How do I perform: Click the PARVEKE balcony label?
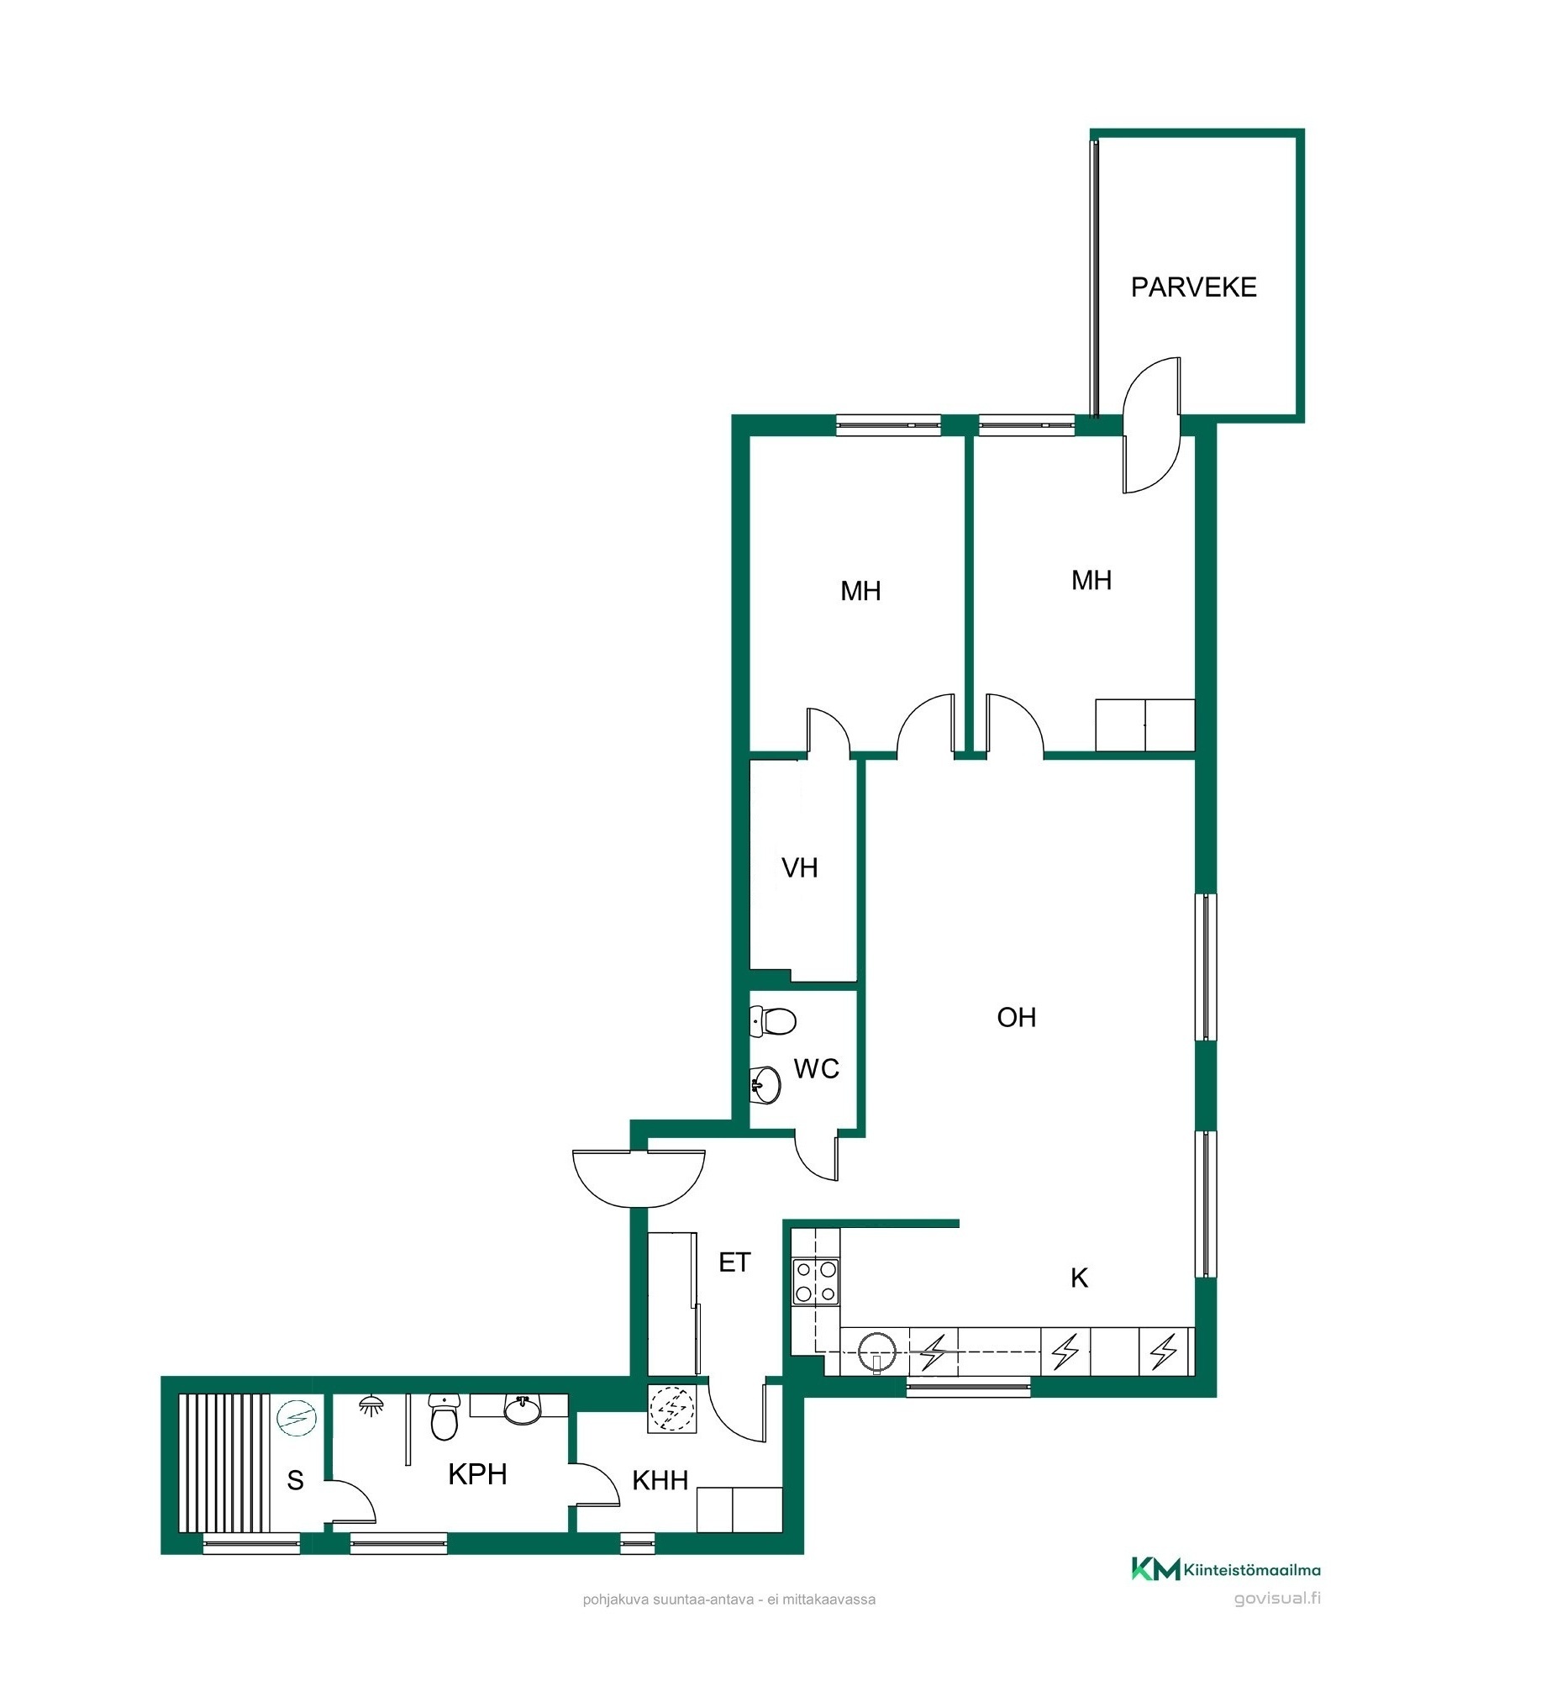pos(1193,287)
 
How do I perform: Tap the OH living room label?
pos(1016,1018)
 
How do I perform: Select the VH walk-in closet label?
pos(800,868)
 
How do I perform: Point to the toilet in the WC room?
pos(771,1021)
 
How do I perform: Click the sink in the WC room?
pos(765,1084)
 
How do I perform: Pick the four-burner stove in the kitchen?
pos(816,1282)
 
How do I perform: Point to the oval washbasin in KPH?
pos(523,1409)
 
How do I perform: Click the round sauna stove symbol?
pos(297,1418)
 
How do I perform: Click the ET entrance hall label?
pos(734,1262)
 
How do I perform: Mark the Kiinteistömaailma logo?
pos(1226,1569)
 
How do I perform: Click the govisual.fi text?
pos(1277,1599)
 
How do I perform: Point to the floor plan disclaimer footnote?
pos(729,1599)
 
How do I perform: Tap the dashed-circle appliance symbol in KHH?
pos(672,1410)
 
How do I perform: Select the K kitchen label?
pos(1078,1278)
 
